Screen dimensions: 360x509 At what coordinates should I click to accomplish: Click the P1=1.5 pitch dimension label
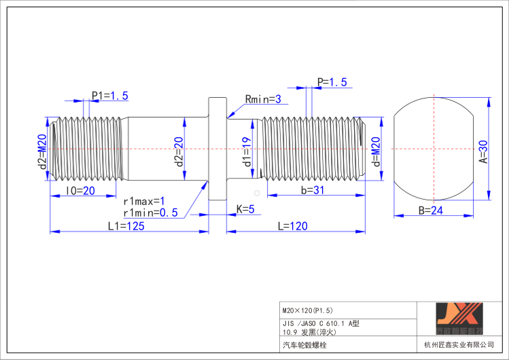pyautogui.click(x=110, y=96)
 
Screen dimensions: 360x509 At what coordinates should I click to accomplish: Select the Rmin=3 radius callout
pyautogui.click(x=264, y=99)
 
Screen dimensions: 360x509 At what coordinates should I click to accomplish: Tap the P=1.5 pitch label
pyautogui.click(x=332, y=82)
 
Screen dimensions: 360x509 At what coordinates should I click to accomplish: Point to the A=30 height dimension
pyautogui.click(x=483, y=153)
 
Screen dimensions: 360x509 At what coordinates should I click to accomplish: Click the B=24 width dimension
pyautogui.click(x=430, y=211)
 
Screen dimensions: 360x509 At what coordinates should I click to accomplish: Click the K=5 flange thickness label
pyautogui.click(x=245, y=209)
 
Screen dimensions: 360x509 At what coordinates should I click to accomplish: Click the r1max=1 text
pyautogui.click(x=144, y=201)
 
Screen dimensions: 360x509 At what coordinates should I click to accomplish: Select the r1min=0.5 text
pyautogui.click(x=150, y=213)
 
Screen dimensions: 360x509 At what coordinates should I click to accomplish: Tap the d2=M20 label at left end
pyautogui.click(x=42, y=151)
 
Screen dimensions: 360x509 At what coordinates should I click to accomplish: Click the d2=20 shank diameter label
pyautogui.click(x=178, y=151)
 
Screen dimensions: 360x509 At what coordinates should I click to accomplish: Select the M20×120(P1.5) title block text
pyautogui.click(x=306, y=309)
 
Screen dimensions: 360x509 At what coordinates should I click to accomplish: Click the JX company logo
pyautogui.click(x=459, y=319)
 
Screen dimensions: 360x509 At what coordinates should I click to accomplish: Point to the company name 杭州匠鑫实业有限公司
pyautogui.click(x=458, y=345)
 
